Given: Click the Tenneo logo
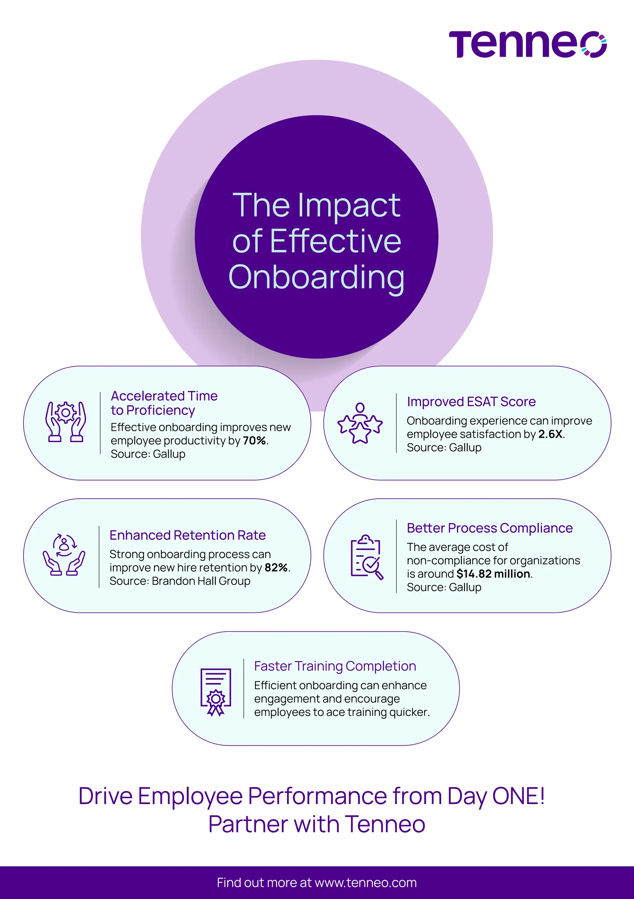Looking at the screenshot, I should tap(528, 44).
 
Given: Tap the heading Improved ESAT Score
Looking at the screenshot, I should tap(471, 402).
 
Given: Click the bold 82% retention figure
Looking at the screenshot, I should tap(276, 567).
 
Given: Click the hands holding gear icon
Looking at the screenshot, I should tap(66, 422).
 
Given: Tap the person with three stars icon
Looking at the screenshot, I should tap(360, 423).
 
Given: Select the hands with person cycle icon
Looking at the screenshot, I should tap(64, 554).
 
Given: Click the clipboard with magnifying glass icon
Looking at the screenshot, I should tap(366, 557).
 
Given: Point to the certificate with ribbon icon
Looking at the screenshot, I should tap(215, 692).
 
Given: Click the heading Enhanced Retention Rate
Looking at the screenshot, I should tap(187, 535).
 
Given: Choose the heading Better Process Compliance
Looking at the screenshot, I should tap(489, 528).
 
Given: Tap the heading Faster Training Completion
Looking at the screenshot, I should tap(335, 666).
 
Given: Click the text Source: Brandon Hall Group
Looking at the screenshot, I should tap(180, 581).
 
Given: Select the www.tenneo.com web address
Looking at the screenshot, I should tap(366, 883).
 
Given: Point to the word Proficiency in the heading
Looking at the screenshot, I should tap(161, 410).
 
